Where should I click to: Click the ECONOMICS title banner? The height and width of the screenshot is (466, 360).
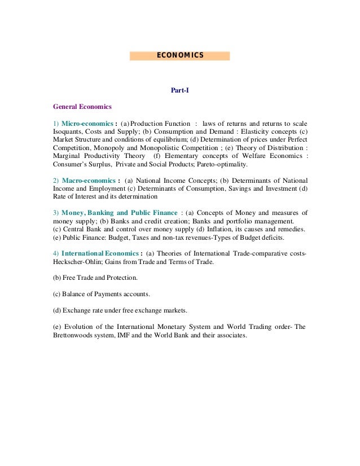click(179, 55)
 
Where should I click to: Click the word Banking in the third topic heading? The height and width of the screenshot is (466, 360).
click(115, 213)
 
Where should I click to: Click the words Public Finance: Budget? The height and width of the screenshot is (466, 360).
click(93, 238)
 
